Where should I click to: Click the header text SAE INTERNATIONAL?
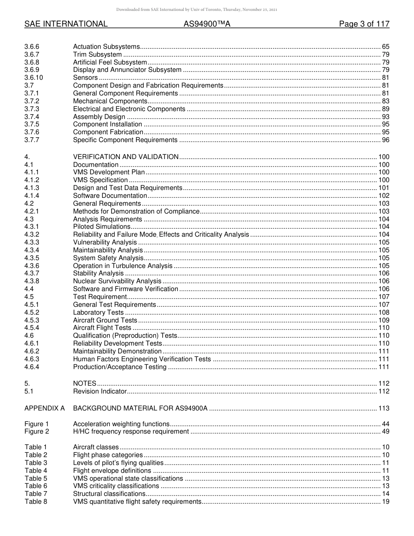click(x=66, y=24)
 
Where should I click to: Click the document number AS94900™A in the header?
click(x=207, y=24)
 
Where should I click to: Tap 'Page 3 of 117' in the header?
click(x=364, y=24)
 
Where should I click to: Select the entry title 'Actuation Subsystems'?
click(x=106, y=47)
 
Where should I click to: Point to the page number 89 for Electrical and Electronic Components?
click(x=385, y=109)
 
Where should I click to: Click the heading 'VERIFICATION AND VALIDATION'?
click(x=126, y=157)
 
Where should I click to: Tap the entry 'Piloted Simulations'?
click(x=102, y=227)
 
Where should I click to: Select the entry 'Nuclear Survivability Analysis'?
click(x=117, y=282)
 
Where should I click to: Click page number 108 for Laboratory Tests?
click(x=383, y=312)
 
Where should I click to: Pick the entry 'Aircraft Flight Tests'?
click(x=102, y=328)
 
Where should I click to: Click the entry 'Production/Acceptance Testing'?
click(x=120, y=367)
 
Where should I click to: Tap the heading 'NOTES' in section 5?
click(x=85, y=383)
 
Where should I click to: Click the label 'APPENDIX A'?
click(x=44, y=408)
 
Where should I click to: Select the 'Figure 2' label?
click(x=37, y=432)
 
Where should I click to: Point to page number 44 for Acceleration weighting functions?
click(x=385, y=424)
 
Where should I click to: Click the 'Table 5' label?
click(x=36, y=478)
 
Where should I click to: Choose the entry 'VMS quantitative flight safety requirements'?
click(x=137, y=502)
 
